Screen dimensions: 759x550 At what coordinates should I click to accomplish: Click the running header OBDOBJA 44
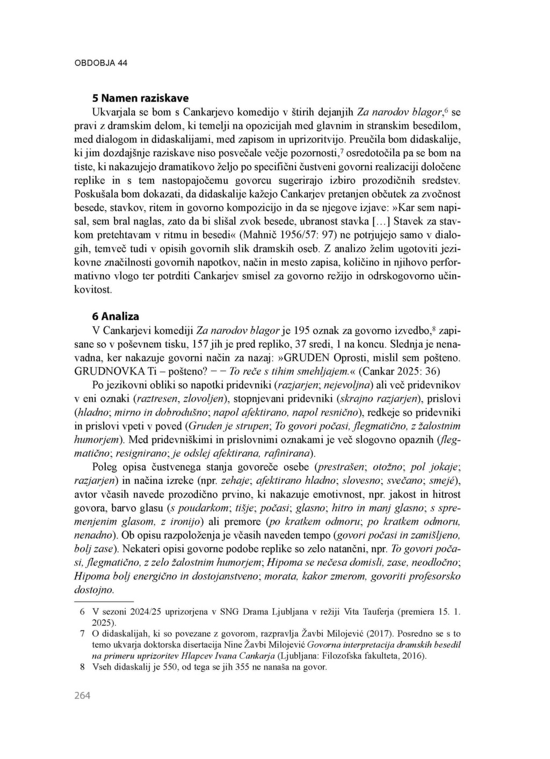coord(101,63)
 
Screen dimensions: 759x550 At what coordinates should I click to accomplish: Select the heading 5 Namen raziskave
coord(140,98)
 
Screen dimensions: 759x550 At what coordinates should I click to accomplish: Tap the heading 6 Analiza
coord(115,317)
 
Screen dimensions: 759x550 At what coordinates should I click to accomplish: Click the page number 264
coord(82,696)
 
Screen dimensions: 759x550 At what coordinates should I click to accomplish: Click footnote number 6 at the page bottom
coord(82,612)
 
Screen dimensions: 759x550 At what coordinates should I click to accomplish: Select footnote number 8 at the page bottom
coord(82,668)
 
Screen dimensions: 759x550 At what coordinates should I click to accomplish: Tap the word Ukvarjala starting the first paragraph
coord(114,112)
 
